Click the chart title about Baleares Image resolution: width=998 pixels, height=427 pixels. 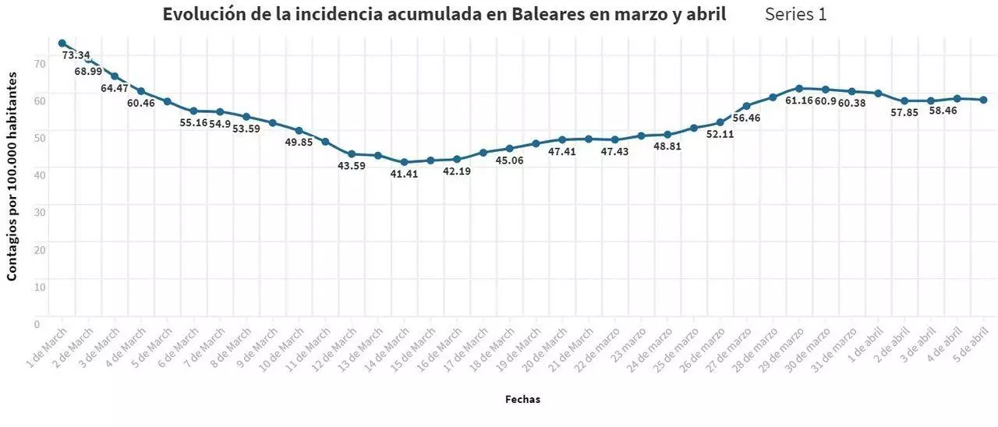coord(444,15)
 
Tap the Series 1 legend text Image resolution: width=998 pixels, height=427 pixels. coord(796,15)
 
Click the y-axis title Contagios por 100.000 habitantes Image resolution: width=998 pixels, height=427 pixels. coord(12,176)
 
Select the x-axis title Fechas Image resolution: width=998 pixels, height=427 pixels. coord(522,399)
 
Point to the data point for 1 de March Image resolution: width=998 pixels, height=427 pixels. coord(62,43)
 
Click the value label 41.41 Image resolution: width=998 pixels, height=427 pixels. coord(405,174)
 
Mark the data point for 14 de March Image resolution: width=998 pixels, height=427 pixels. coord(404,162)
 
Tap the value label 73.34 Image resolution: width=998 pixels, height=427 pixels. coord(76,55)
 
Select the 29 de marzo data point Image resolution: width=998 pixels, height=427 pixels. coord(799,88)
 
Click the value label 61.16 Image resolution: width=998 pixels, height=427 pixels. coord(800,101)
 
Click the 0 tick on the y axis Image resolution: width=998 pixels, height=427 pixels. coord(37,323)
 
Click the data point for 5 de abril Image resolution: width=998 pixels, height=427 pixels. coord(984,100)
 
